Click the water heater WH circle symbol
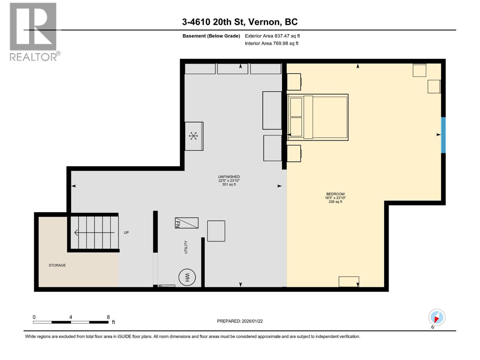pos(187,277)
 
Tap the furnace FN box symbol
pos(187,223)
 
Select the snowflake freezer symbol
pos(193,136)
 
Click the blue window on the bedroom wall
pos(443,135)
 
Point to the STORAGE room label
pos(57,265)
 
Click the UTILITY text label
pos(186,247)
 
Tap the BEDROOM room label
pos(335,194)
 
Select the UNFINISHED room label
pos(229,177)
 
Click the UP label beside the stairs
pos(126,232)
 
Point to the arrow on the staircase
pos(94,232)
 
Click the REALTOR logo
pos(34,32)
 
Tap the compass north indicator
pos(436,317)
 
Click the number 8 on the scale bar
pos(108,317)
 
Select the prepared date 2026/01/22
pos(252,321)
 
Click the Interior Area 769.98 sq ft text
pos(271,43)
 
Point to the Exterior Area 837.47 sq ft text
pos(272,36)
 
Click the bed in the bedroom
pos(317,117)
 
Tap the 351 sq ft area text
pos(229,184)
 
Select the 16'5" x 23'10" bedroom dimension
pos(335,198)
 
